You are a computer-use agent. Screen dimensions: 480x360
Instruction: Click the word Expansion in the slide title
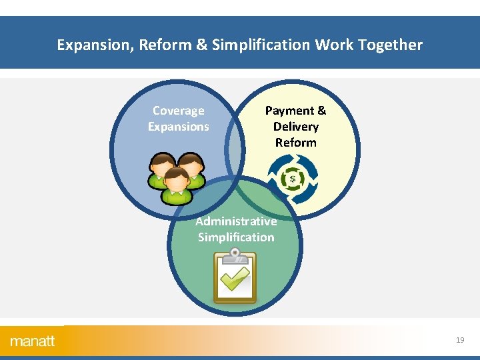(x=89, y=45)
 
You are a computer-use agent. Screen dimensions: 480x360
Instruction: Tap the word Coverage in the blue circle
(x=179, y=111)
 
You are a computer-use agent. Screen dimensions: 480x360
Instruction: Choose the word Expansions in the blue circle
(x=179, y=127)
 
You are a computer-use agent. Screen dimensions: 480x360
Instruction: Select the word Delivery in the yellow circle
(x=296, y=127)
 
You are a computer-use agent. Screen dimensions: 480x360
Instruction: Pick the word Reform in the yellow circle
(x=296, y=143)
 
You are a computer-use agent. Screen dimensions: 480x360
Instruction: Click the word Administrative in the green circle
(x=236, y=221)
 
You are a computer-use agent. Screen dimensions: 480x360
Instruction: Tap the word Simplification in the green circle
(x=236, y=237)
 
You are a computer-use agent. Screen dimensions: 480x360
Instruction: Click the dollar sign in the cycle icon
(x=293, y=178)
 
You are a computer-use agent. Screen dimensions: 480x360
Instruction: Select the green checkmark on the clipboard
(x=235, y=279)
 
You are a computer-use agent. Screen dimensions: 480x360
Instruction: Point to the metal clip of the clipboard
(x=235, y=254)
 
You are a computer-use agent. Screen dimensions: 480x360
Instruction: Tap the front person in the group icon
(x=176, y=185)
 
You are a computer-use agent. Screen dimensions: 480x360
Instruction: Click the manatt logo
(x=33, y=341)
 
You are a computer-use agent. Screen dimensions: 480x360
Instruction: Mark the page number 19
(x=460, y=340)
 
